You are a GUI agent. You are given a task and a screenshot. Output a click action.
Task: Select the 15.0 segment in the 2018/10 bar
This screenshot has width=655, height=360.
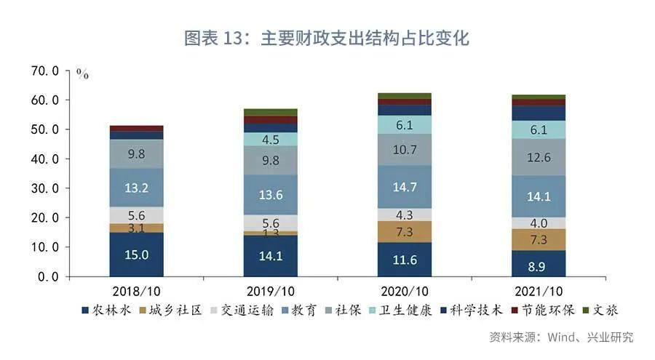pyautogui.click(x=136, y=255)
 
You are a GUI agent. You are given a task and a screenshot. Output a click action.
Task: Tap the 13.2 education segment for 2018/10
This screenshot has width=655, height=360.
pyautogui.click(x=136, y=188)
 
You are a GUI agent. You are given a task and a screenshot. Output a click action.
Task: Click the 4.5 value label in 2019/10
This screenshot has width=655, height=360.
pyautogui.click(x=271, y=140)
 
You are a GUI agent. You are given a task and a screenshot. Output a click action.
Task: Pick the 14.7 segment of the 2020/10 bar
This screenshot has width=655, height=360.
pyautogui.click(x=405, y=187)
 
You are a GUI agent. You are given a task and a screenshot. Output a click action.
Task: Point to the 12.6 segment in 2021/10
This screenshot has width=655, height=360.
pyautogui.click(x=539, y=157)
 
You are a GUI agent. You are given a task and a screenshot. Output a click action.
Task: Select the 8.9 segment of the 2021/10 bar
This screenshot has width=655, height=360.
pyautogui.click(x=539, y=268)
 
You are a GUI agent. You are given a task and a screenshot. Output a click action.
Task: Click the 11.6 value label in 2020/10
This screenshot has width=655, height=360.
pyautogui.click(x=405, y=259)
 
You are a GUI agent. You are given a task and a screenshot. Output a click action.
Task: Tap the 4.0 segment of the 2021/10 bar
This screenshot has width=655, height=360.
pyautogui.click(x=539, y=223)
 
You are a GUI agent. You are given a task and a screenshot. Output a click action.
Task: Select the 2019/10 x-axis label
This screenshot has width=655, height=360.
pyautogui.click(x=271, y=290)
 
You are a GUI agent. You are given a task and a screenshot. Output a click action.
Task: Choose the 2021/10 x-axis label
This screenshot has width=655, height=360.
pyautogui.click(x=539, y=290)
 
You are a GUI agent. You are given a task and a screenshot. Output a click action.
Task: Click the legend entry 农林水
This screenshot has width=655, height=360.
pyautogui.click(x=108, y=311)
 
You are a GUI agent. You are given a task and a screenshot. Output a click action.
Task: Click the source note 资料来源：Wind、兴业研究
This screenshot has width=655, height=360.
pyautogui.click(x=560, y=337)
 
